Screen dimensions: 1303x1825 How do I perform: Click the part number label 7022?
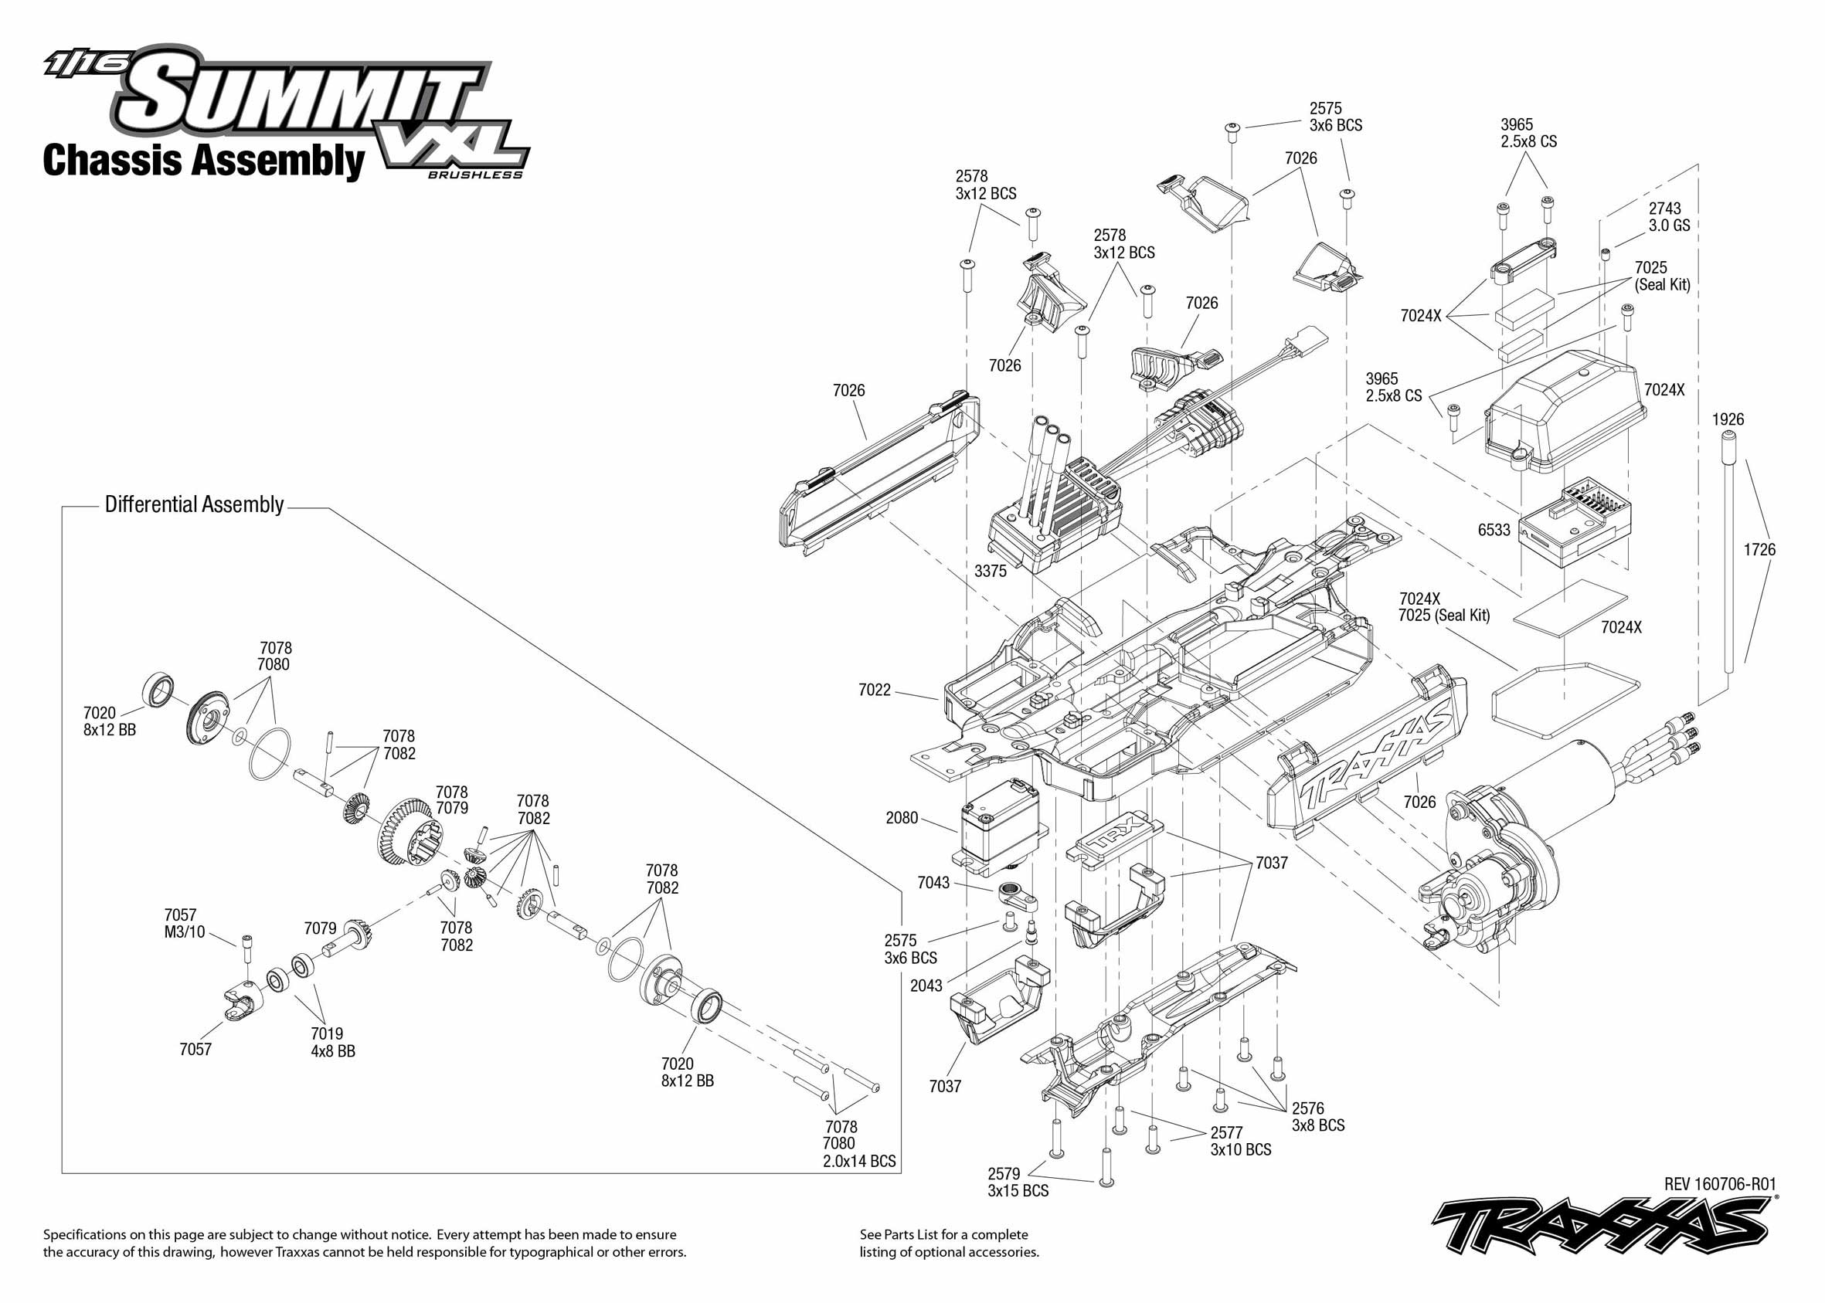coord(874,689)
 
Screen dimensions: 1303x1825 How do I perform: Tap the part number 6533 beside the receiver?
coord(1494,530)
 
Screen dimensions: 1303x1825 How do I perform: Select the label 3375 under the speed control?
coord(990,571)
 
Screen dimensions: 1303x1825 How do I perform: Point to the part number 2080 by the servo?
coord(901,818)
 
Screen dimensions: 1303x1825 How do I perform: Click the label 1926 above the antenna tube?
coord(1728,419)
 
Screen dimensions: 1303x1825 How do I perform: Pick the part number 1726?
coord(1759,550)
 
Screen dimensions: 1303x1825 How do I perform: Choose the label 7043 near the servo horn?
coord(933,883)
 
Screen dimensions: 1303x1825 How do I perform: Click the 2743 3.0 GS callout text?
coord(1669,216)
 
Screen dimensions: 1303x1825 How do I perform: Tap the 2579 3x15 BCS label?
coord(1018,1182)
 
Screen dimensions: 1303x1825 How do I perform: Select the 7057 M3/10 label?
coord(185,924)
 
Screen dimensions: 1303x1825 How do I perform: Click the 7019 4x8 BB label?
coord(332,1042)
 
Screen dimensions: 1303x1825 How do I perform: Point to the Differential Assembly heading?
coord(194,504)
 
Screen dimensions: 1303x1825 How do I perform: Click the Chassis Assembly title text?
coord(204,161)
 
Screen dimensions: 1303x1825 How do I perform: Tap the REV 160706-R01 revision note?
coord(1720,1183)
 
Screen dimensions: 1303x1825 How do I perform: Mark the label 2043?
coord(926,986)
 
